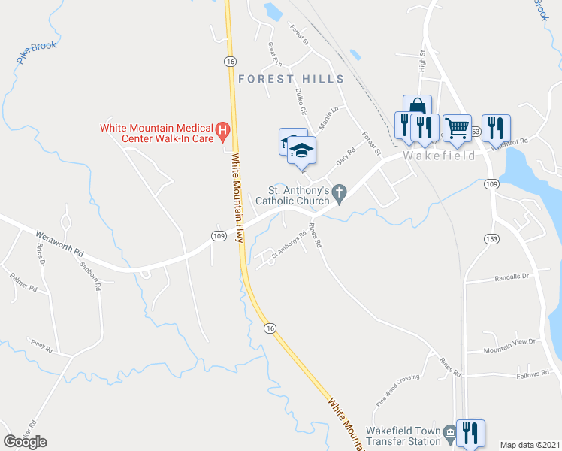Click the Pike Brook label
[x=36, y=52]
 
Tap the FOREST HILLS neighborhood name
[x=291, y=79]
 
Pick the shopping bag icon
[x=417, y=108]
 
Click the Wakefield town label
[x=440, y=156]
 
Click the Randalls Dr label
[x=512, y=277]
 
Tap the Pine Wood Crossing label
[x=398, y=388]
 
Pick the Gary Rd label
[x=346, y=156]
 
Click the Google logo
[x=25, y=442]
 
